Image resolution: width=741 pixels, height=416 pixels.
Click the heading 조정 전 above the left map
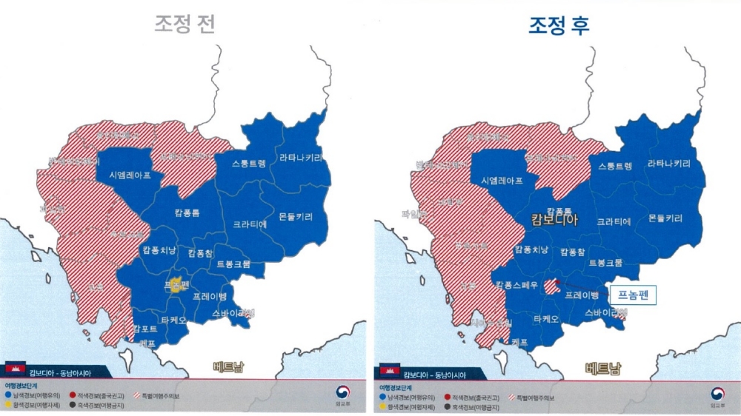[x=185, y=24]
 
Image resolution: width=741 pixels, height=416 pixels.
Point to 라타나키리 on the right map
[x=671, y=164]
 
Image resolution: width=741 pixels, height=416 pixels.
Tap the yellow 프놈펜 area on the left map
[x=175, y=286]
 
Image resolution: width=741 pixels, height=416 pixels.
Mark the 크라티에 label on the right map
[x=614, y=221]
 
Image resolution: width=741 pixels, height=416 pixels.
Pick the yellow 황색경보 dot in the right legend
[x=381, y=406]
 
